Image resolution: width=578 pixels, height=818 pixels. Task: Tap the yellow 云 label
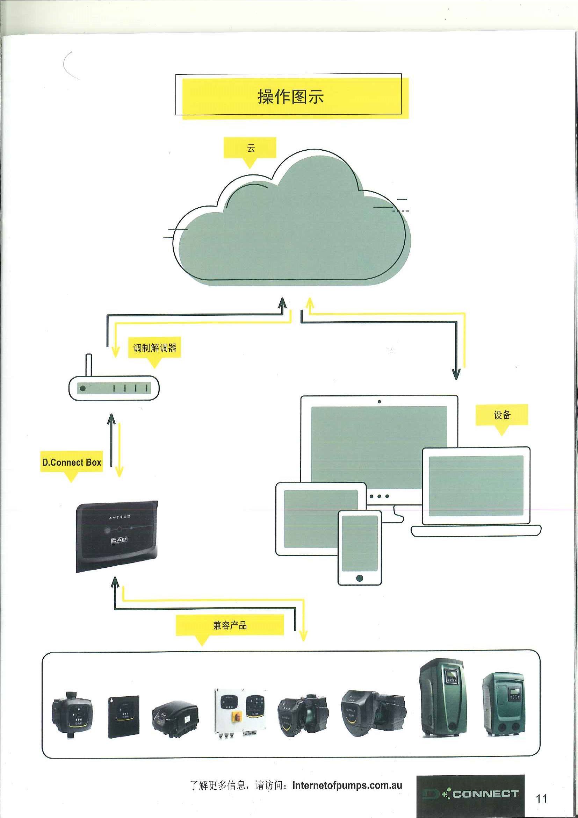coord(251,148)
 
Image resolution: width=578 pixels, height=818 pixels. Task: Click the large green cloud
coord(292,231)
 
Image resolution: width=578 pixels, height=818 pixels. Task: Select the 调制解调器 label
coord(154,348)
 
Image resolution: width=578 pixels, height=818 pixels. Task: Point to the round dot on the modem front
coord(82,388)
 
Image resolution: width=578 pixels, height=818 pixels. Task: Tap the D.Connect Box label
coord(72,462)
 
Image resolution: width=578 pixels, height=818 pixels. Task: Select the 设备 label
coord(502,415)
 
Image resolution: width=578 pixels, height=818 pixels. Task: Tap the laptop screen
coord(476,486)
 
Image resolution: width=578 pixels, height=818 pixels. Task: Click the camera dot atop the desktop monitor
coord(379,402)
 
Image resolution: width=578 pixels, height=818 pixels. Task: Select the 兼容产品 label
coord(230,625)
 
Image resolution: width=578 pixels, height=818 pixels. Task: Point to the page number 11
coord(541,798)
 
